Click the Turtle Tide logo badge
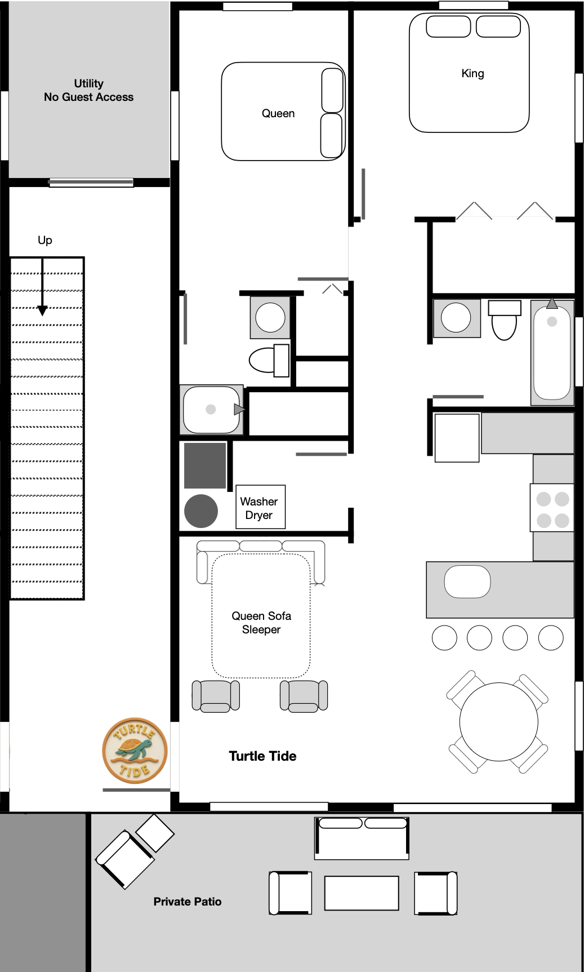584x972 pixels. [x=135, y=751]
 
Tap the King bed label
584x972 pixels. [x=472, y=73]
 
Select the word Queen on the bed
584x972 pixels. [x=278, y=113]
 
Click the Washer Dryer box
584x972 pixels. [x=260, y=507]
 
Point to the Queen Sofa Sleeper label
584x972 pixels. [x=261, y=623]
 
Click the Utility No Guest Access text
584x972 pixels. [x=89, y=90]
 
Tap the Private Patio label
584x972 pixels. [x=188, y=902]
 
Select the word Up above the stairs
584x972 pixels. [x=45, y=240]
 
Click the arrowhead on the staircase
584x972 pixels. [x=42, y=310]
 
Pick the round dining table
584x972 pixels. [x=498, y=722]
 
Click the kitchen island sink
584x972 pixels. [x=467, y=582]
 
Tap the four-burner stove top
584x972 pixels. [x=552, y=509]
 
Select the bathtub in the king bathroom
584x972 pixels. [x=552, y=353]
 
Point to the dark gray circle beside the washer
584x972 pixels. [x=201, y=511]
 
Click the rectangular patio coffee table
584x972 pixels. [x=362, y=893]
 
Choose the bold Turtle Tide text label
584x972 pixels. [x=262, y=756]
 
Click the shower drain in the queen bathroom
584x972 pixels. [x=211, y=410]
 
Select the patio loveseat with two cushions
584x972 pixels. [x=362, y=838]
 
